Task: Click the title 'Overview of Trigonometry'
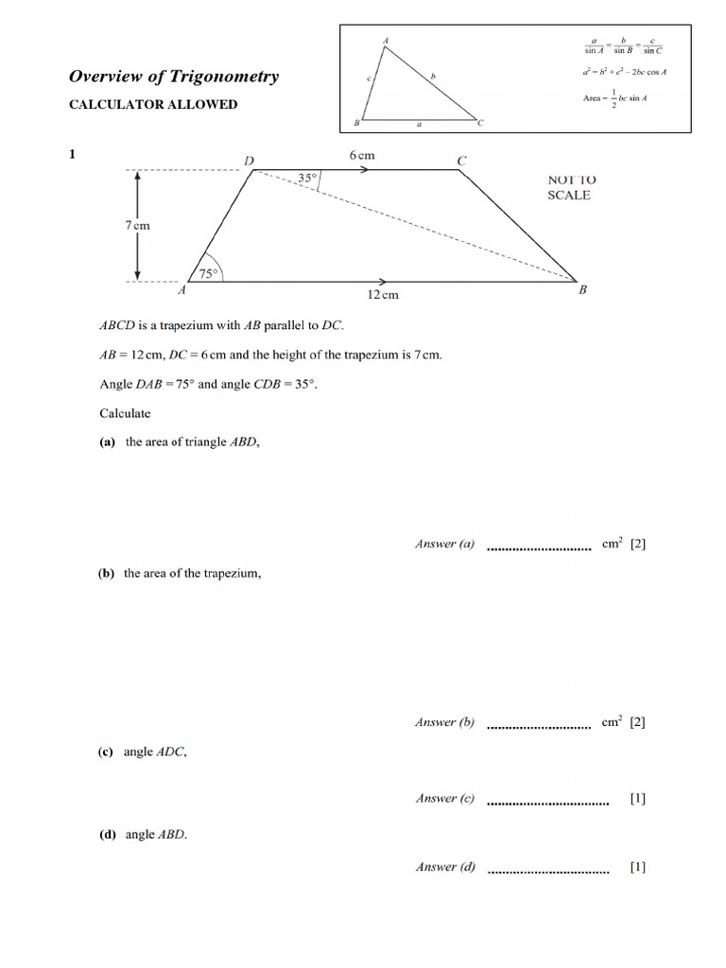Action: (175, 77)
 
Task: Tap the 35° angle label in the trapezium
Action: (306, 177)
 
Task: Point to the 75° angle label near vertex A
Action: (207, 274)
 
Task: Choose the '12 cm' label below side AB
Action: (383, 295)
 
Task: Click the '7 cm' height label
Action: (137, 226)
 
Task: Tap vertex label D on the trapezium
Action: (250, 162)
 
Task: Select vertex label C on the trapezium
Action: (461, 162)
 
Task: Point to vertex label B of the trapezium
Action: (582, 291)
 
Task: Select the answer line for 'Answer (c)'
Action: (547, 803)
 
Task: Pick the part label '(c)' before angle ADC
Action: (106, 752)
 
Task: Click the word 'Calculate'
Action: (125, 413)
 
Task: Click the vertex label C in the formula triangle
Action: (480, 123)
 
